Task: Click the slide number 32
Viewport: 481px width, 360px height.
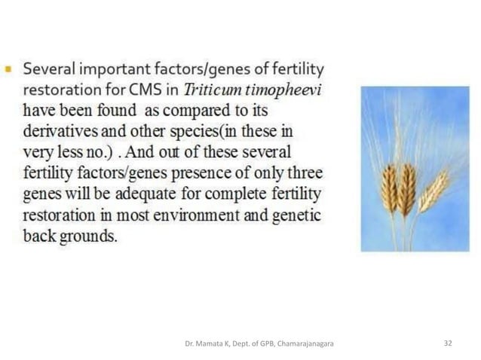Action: (448, 343)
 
